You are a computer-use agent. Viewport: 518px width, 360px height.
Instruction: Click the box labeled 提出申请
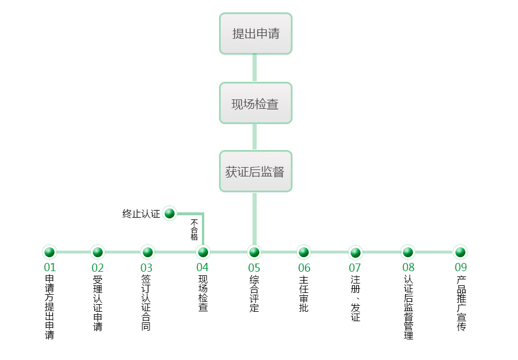255,34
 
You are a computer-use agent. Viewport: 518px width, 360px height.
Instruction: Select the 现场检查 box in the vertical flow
255,103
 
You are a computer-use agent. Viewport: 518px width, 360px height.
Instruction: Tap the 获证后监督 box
255,171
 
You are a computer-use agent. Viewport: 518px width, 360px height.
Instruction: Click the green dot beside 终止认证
170,214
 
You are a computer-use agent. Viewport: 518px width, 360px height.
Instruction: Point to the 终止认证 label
141,214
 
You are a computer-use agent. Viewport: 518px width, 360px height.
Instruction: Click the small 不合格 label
194,229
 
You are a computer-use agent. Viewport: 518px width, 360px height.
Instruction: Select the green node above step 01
49,252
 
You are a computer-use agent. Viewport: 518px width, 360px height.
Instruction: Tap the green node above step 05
254,252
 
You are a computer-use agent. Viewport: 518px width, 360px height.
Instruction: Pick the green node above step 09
460,252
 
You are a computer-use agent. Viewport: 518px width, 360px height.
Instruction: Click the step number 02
98,268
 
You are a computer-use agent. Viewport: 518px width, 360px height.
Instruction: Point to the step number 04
202,268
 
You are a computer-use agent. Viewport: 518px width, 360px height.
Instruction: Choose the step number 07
355,268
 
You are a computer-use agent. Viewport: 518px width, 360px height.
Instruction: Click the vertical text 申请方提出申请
50,307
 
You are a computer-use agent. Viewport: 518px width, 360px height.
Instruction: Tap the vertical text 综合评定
254,294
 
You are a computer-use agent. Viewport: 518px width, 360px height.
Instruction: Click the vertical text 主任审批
304,294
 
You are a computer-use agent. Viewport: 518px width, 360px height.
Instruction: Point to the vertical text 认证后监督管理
409,307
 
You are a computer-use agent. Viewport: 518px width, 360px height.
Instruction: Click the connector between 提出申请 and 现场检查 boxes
255,68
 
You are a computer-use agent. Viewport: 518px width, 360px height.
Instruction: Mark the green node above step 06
304,252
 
